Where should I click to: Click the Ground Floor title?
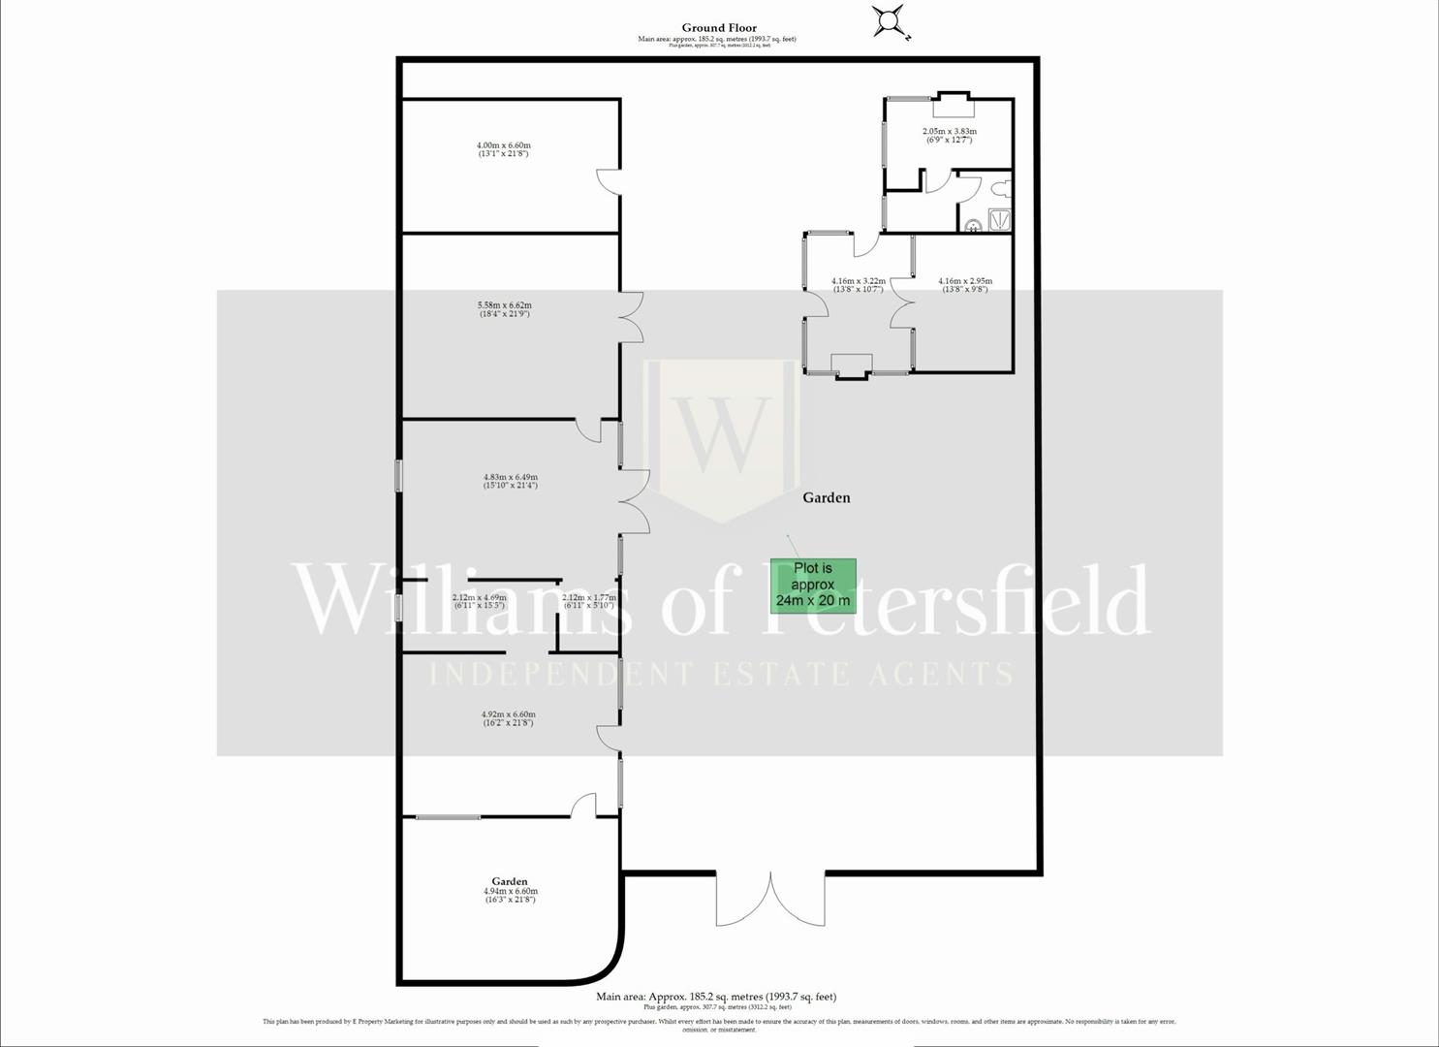coord(718,28)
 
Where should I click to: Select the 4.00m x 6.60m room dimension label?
coord(504,149)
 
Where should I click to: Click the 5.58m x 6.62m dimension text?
coord(505,309)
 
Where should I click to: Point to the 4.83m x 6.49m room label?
coord(510,481)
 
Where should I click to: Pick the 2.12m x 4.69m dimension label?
coord(479,601)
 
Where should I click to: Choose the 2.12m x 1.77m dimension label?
coord(588,601)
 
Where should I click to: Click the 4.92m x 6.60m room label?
coord(508,718)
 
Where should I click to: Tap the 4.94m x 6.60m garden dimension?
coord(510,895)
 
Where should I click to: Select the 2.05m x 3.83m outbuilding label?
coord(949,136)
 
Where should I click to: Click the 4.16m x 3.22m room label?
coord(858,285)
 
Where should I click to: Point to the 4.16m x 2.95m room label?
coord(965,285)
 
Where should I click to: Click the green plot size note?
coord(813,585)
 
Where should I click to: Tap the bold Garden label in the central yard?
coord(826,497)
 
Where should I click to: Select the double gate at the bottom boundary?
coord(770,900)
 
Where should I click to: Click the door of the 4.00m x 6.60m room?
coord(608,181)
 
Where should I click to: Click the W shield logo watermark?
coord(722,436)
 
